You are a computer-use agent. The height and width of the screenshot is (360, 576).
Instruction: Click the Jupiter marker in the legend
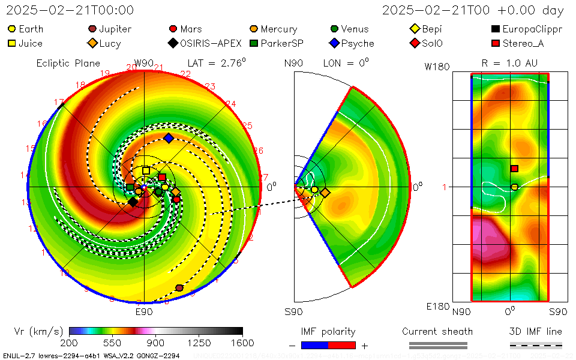92,29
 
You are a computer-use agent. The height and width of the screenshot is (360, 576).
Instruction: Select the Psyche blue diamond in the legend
334,43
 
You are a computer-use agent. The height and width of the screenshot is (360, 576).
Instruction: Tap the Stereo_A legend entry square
496,43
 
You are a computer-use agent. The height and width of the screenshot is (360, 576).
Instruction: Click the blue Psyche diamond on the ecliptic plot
169,139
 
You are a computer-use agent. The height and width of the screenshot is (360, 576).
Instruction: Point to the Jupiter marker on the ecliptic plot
179,288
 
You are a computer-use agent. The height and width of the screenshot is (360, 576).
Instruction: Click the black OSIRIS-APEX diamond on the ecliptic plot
133,202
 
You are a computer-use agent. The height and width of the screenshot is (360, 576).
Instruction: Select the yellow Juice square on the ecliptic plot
146,170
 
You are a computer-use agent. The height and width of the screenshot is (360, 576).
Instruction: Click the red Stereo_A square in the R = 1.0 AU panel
514,169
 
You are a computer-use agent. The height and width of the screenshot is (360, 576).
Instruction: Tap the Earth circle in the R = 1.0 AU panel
514,187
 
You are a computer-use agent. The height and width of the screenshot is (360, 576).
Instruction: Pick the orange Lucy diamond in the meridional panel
325,193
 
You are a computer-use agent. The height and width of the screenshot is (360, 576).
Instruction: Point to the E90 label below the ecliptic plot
144,312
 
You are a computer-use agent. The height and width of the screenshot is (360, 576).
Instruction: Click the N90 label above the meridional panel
293,63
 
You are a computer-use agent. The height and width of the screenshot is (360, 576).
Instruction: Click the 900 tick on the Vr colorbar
156,342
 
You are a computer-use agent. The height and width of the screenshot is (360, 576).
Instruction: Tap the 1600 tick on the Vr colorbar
242,342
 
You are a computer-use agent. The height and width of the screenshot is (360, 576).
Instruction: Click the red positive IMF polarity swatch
342,345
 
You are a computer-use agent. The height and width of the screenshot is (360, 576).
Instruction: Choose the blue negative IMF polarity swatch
315,345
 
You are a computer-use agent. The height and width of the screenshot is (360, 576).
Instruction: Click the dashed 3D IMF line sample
536,345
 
